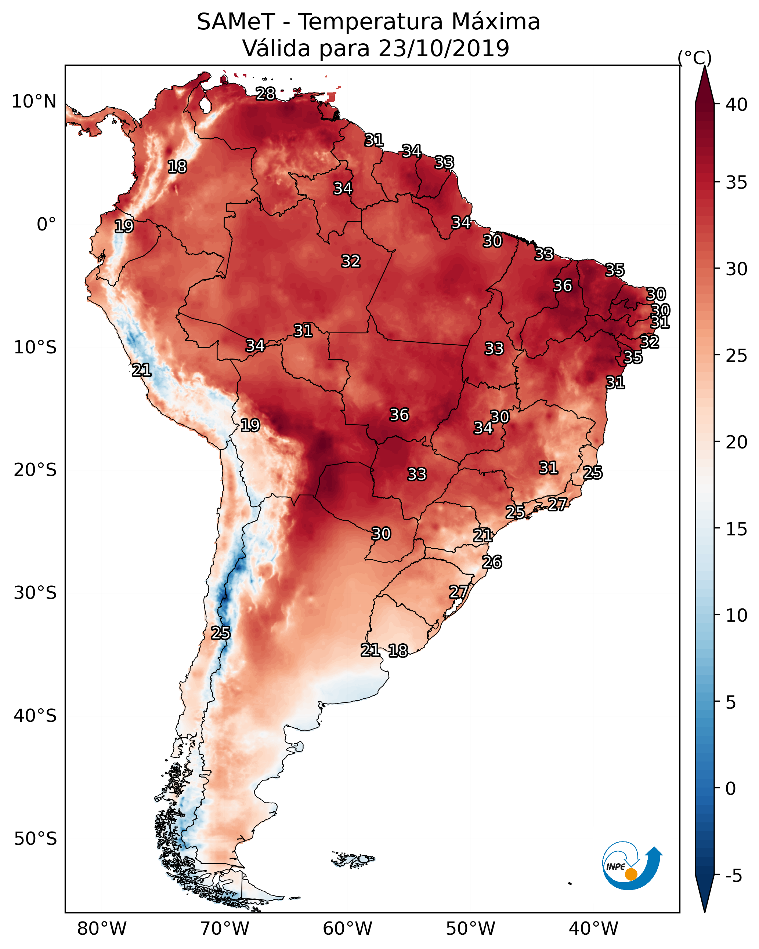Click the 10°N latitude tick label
34,102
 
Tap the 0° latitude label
46,225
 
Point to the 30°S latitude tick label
35,593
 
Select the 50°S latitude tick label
35,839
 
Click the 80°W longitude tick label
102,928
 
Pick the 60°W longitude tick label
348,928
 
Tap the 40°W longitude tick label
593,928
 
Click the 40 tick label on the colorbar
737,105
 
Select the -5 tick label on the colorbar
733,876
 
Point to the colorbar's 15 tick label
737,529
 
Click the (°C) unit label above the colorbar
694,58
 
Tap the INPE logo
632,866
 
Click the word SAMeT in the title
236,22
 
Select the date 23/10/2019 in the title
444,48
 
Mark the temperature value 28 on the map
265,94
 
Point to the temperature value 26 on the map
492,562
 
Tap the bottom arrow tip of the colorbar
704,911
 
